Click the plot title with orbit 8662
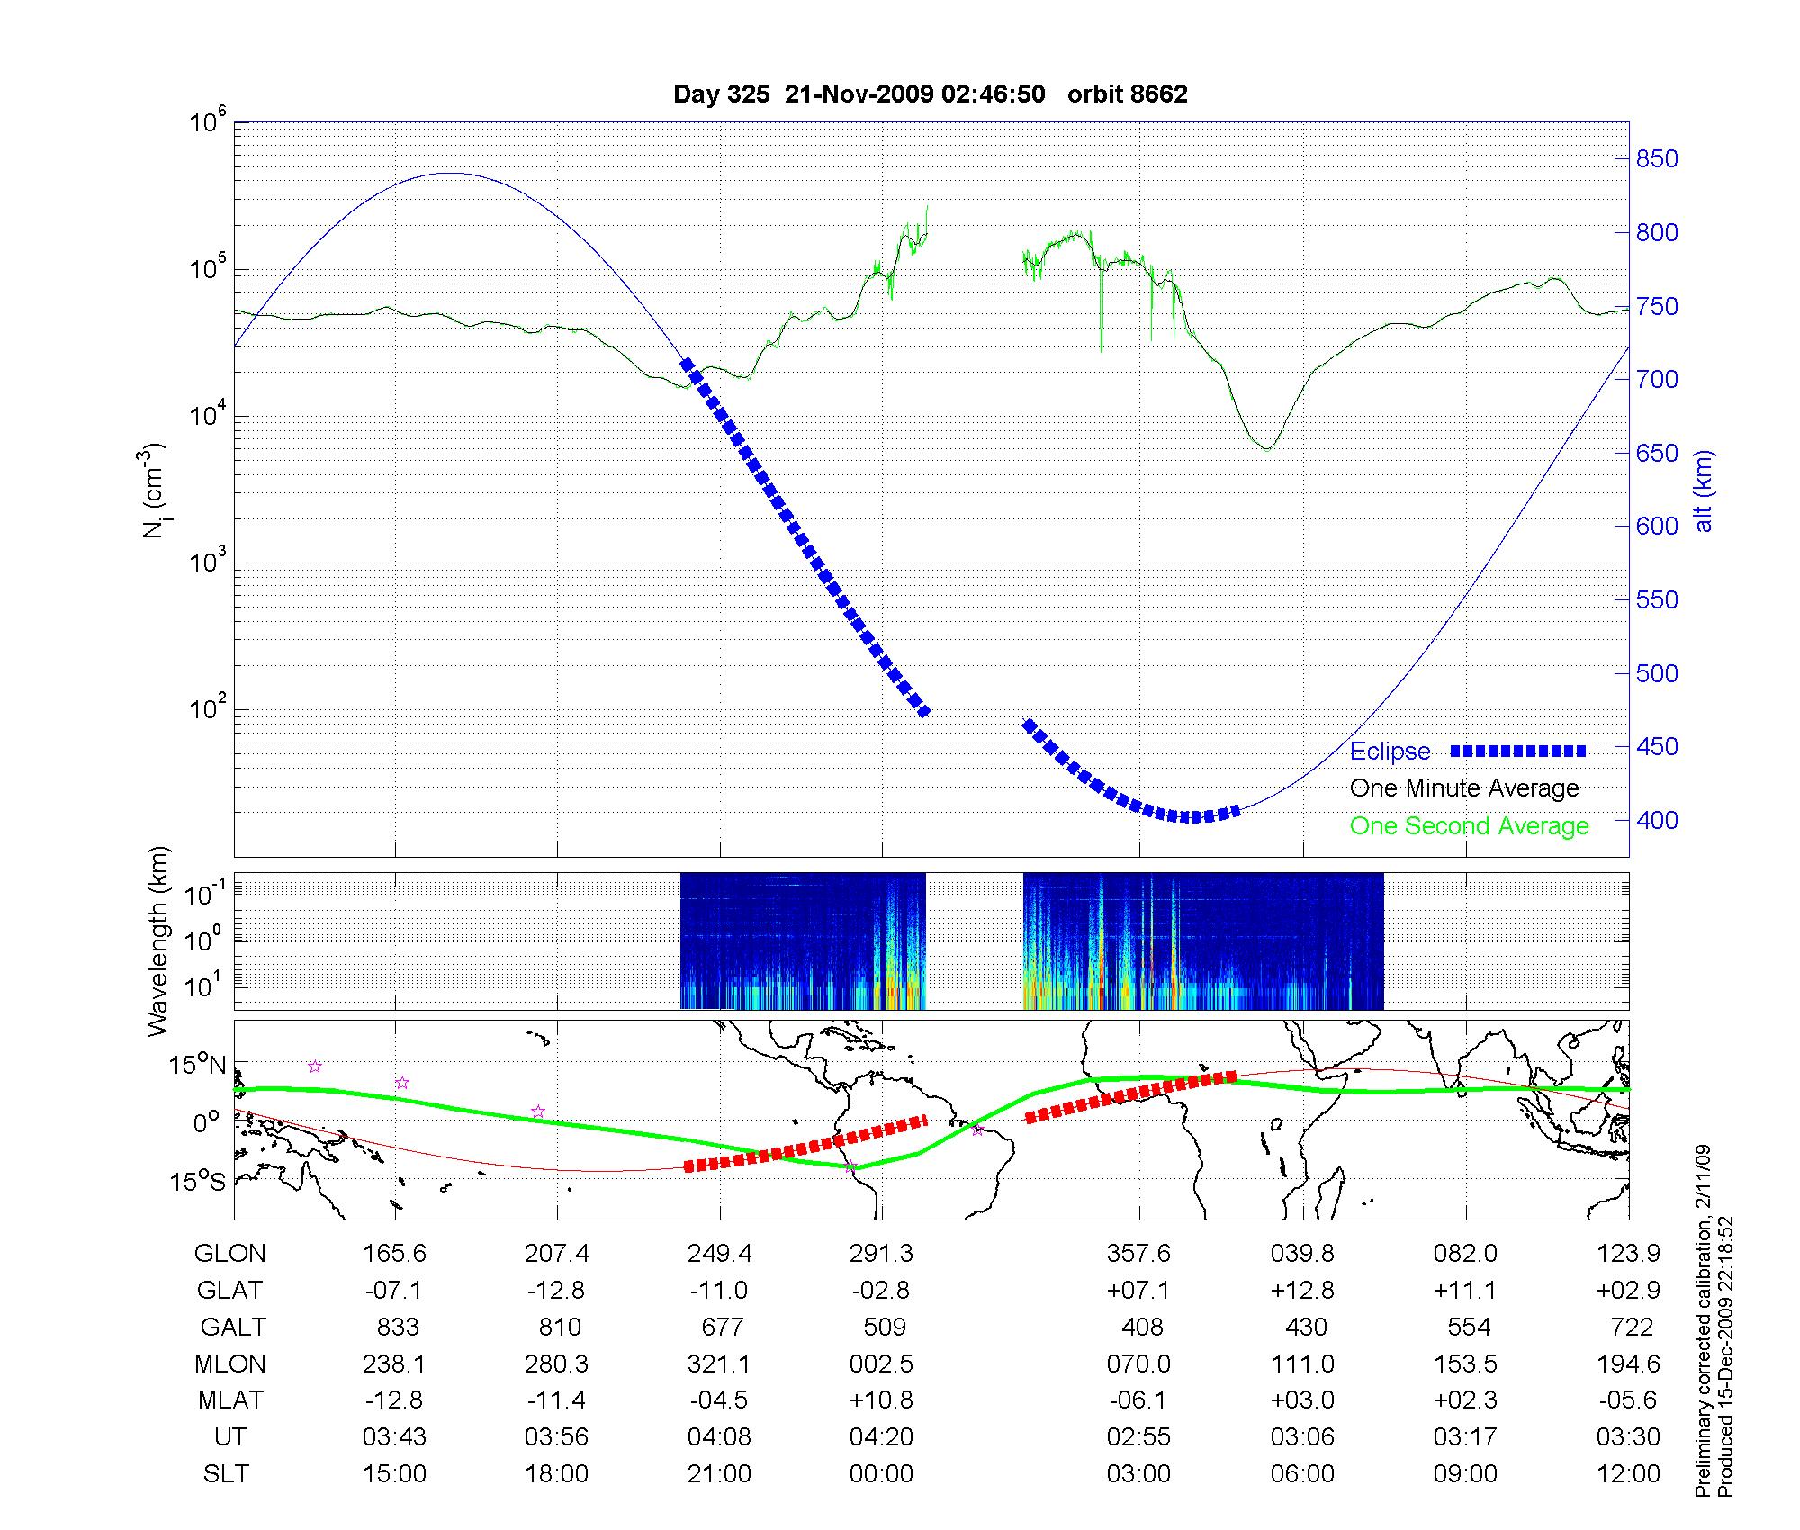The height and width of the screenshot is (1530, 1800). [x=930, y=94]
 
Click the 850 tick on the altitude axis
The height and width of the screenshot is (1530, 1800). [x=1657, y=159]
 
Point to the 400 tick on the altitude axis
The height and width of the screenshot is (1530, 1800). [x=1657, y=820]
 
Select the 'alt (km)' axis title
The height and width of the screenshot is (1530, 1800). [x=1704, y=490]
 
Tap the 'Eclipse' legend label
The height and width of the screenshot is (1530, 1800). [x=1390, y=751]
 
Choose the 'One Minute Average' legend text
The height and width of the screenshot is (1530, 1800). [x=1464, y=788]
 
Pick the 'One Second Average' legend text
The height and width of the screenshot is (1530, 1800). [x=1469, y=826]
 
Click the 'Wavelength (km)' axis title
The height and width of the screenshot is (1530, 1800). [x=158, y=940]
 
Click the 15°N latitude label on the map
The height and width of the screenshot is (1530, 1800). [x=198, y=1066]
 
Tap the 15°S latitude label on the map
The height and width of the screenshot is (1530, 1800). [x=198, y=1181]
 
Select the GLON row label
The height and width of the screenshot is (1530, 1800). [x=230, y=1254]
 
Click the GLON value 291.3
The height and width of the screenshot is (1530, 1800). [x=881, y=1254]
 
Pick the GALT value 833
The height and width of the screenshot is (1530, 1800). [x=397, y=1327]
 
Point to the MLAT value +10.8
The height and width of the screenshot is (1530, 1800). [x=881, y=1401]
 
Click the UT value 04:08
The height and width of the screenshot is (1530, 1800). [x=719, y=1437]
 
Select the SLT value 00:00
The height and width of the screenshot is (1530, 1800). [x=881, y=1474]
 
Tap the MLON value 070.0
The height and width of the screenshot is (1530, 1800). [x=1138, y=1364]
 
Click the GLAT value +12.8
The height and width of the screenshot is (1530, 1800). [x=1302, y=1291]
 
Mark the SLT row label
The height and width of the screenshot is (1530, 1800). [x=226, y=1474]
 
